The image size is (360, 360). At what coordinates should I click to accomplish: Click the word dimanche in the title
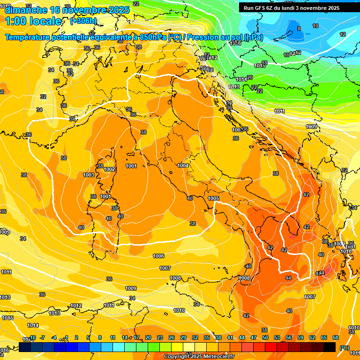[23, 10]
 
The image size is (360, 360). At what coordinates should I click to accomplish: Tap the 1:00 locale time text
[33, 21]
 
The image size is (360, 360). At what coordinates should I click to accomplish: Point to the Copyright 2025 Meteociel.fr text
[199, 356]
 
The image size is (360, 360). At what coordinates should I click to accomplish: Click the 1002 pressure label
[109, 169]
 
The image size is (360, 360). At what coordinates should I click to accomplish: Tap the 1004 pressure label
[183, 165]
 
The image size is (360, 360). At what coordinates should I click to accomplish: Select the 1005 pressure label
[213, 198]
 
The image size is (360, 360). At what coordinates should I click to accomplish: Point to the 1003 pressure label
[89, 175]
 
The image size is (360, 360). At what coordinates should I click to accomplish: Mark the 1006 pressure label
[158, 256]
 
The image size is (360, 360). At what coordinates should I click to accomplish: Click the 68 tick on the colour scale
[336, 337]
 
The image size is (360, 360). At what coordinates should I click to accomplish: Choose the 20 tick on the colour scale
[148, 337]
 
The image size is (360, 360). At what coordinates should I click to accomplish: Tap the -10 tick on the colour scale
[32, 337]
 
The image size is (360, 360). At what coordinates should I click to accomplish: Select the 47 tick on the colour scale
[254, 337]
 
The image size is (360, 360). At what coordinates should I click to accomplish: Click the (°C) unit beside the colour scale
[344, 347]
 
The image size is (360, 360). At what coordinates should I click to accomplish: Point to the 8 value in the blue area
[299, 29]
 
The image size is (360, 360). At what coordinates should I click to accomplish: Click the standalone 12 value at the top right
[343, 34]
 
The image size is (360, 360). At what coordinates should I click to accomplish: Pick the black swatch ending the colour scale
[330, 347]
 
